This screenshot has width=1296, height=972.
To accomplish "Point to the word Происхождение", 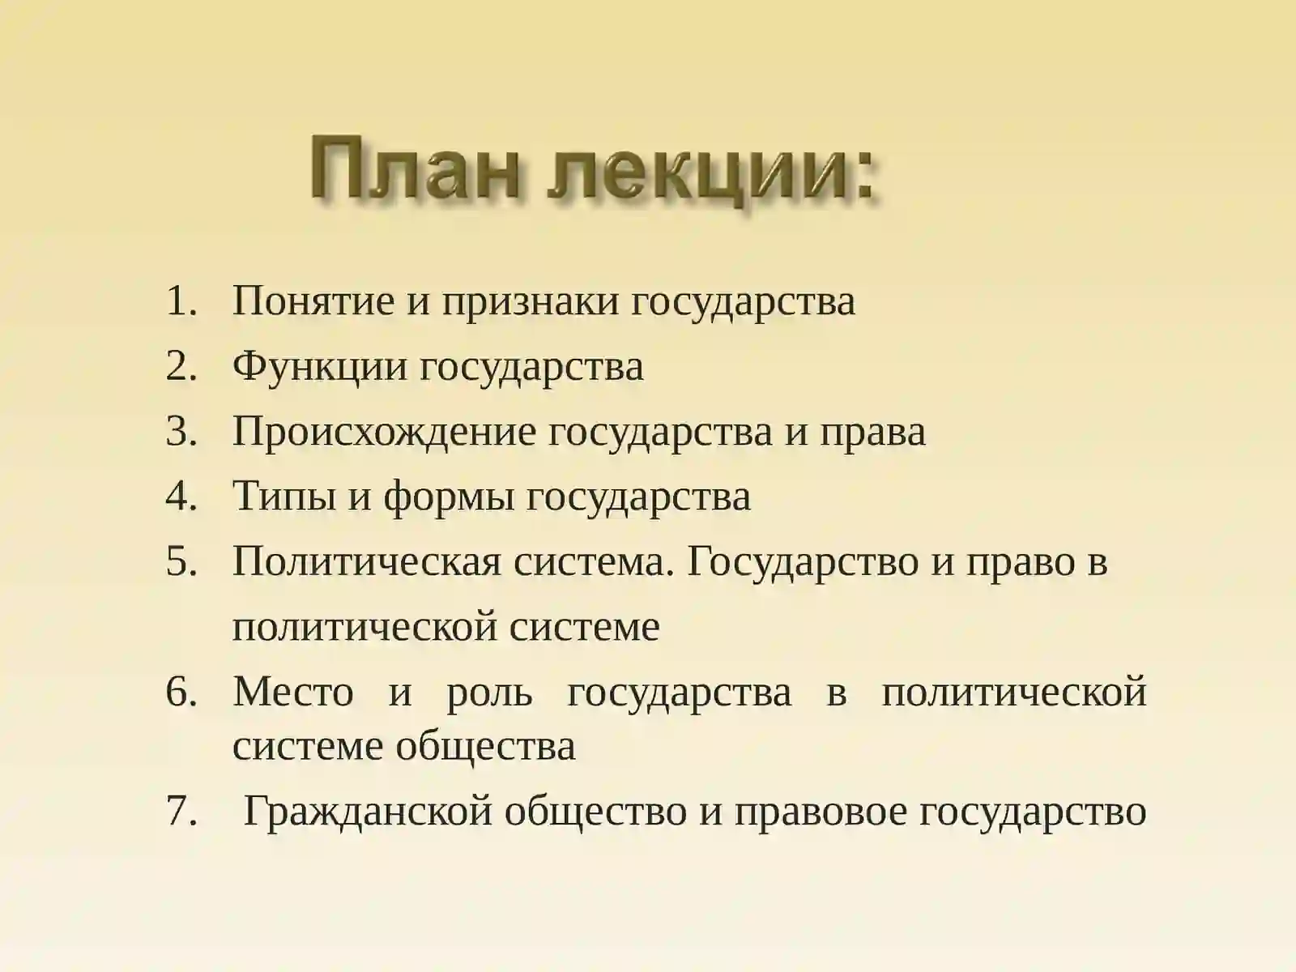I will point(384,432).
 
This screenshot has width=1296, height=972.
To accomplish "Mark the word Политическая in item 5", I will point(366,561).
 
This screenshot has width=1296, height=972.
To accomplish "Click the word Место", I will point(293,693).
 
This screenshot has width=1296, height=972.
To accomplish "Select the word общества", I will point(485,745).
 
